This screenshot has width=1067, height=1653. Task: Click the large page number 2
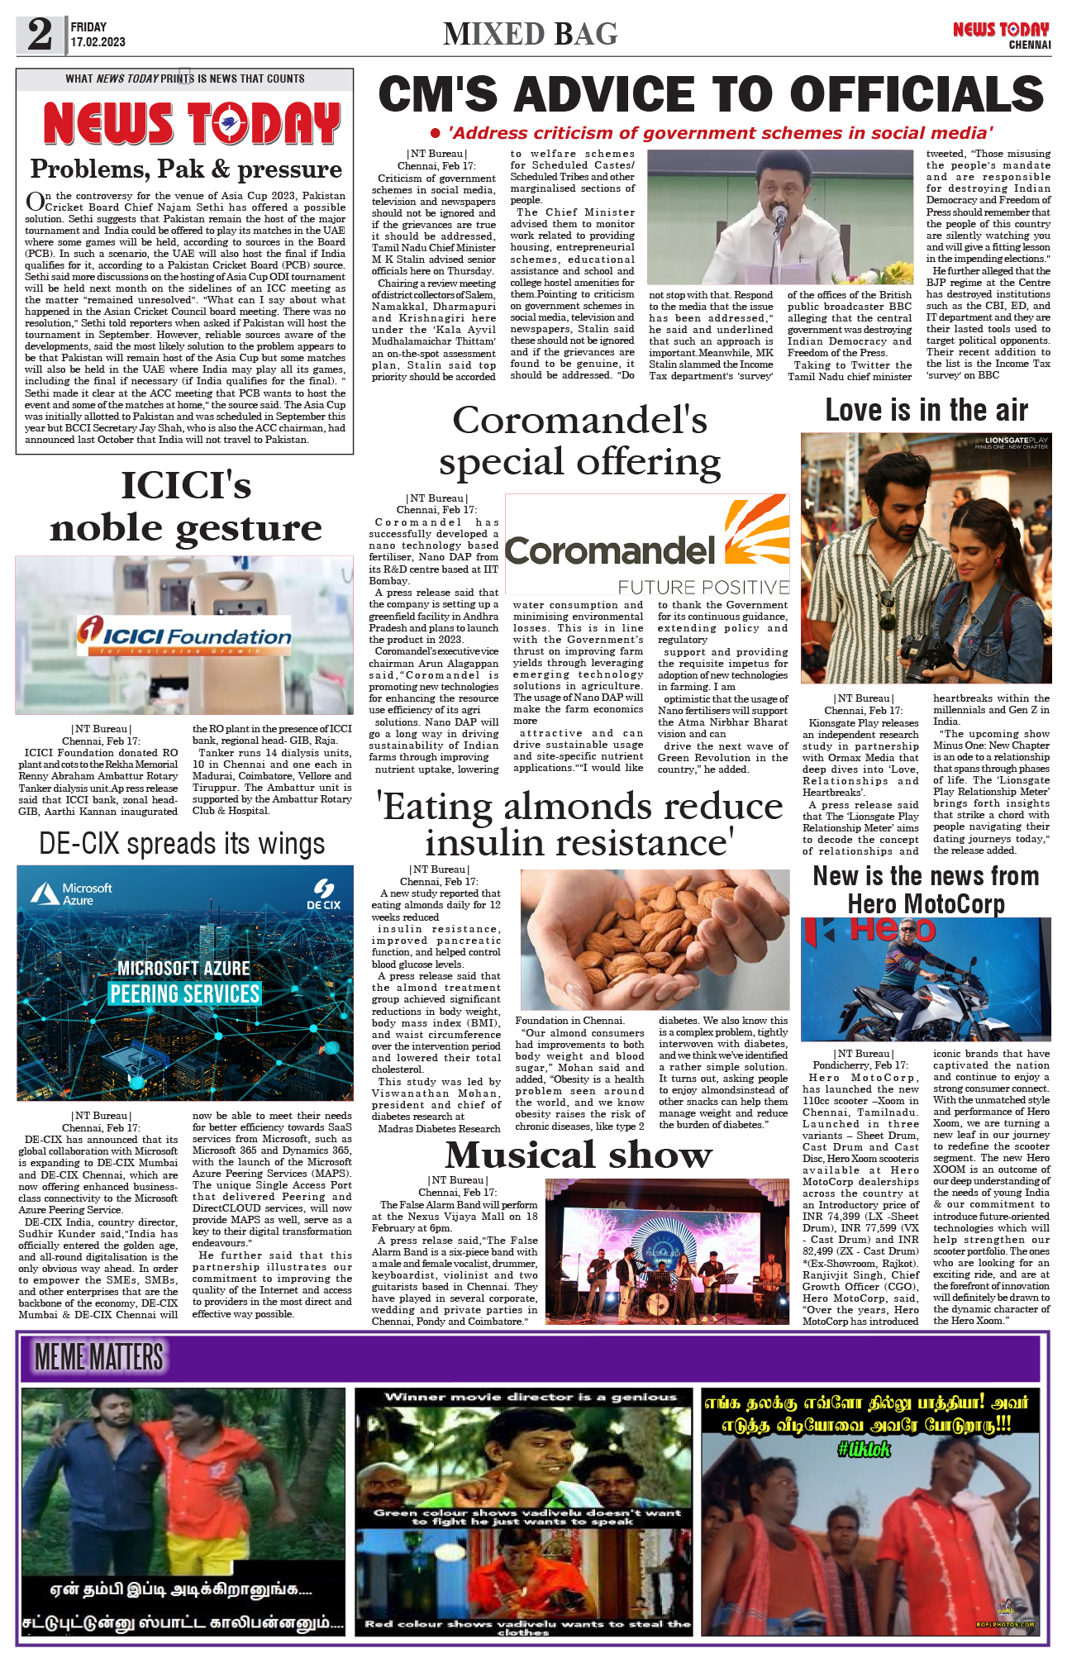click(40, 34)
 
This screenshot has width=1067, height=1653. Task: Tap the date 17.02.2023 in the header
click(98, 42)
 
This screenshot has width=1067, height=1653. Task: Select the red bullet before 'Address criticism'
click(436, 133)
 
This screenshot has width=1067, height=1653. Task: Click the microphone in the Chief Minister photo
click(779, 217)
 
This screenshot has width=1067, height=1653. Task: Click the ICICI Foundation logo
click(184, 636)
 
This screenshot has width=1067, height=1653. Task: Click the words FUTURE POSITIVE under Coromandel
click(703, 587)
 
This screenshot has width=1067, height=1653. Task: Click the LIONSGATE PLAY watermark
click(1016, 441)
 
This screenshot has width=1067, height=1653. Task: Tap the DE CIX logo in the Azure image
click(323, 895)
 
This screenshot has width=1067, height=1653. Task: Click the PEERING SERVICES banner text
click(184, 993)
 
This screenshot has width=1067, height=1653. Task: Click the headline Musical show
click(579, 1155)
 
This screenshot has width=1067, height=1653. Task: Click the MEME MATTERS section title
click(99, 1357)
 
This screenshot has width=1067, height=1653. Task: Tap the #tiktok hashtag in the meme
click(864, 1448)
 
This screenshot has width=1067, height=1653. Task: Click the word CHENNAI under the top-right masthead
click(1029, 45)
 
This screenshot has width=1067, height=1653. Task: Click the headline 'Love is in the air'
click(926, 410)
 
